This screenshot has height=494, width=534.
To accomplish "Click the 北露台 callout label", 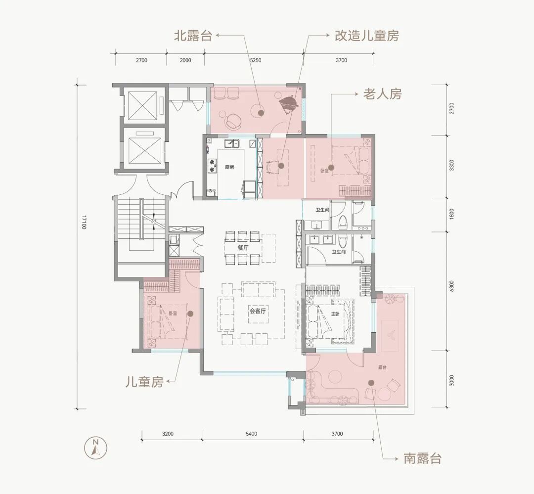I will tap(192, 36).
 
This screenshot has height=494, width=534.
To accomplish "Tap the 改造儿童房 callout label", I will tap(367, 36).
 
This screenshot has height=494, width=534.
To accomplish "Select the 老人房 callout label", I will tap(382, 93).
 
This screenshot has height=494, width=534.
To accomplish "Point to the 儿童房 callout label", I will tap(144, 382).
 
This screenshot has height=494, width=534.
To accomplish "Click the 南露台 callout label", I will tap(422, 458).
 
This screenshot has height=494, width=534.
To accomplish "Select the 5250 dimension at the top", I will tap(256, 60).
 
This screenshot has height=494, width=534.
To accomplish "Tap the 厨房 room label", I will tap(229, 167).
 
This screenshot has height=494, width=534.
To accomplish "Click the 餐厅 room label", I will tap(242, 248).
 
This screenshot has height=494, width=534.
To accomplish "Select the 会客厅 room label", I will tap(258, 311).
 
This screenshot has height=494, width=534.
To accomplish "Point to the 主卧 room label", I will tap(335, 314).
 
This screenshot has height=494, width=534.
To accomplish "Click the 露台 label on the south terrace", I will tap(382, 367).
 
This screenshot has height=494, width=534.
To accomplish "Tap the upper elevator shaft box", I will tap(142, 104).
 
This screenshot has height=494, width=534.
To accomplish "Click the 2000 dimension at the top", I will tap(185, 60).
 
